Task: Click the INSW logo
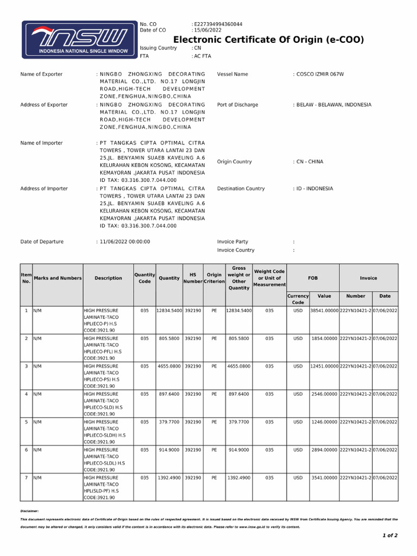[x=79, y=40]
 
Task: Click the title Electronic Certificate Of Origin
[x=268, y=40]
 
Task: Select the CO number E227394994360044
[x=218, y=24]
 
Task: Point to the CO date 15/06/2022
[x=208, y=30]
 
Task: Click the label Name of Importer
[x=41, y=143]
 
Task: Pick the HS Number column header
[x=192, y=278]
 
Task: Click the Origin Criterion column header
[x=214, y=278]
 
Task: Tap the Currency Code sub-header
[x=298, y=299]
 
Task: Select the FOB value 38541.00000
[x=324, y=311]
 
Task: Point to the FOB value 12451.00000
[x=324, y=367]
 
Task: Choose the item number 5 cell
[x=26, y=422]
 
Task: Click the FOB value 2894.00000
[x=324, y=450]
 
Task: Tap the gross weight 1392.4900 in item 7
[x=239, y=478]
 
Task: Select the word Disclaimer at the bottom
[x=29, y=511]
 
